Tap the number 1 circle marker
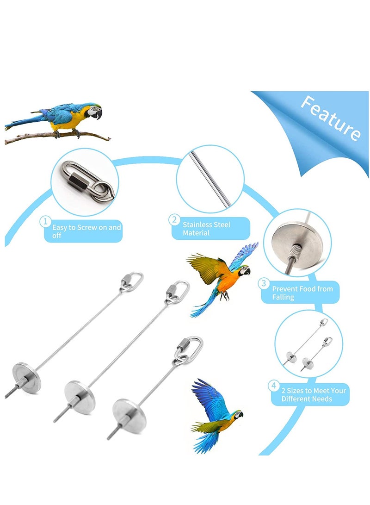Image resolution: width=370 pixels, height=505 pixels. [x=45, y=221]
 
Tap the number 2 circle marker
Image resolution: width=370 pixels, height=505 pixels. [x=174, y=220]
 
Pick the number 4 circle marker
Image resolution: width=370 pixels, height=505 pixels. [x=274, y=386]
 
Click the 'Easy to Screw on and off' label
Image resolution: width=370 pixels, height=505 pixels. [x=86, y=231]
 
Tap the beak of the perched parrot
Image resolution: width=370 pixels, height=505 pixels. [x=99, y=114]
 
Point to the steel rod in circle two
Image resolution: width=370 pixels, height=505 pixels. [x=210, y=178]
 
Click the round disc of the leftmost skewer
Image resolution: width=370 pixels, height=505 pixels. [x=27, y=377]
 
